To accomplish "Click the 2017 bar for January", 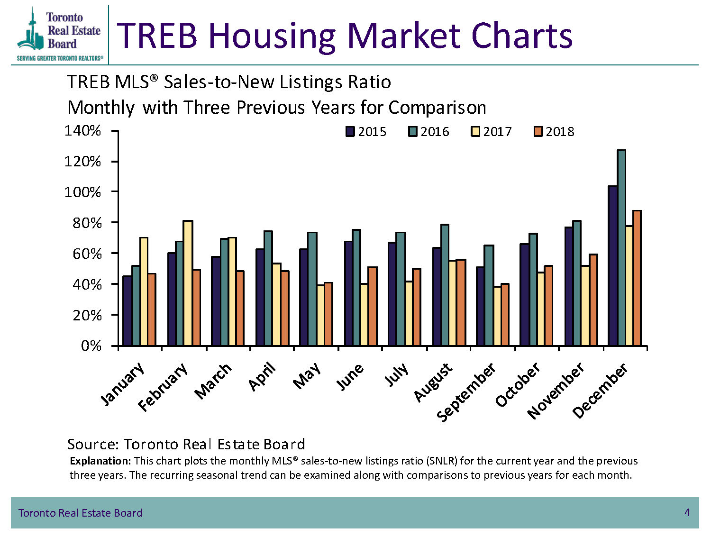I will [144, 291].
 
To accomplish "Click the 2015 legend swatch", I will [350, 132].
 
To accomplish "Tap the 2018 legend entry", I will [554, 132].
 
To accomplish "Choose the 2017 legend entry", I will [491, 132].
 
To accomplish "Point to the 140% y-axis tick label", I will [83, 131].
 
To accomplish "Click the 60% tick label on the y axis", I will [87, 254].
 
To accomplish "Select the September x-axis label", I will [466, 392].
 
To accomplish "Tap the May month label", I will [307, 376].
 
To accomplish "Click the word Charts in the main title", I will [522, 36].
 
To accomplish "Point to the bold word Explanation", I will [100, 461].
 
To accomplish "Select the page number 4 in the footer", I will [687, 512].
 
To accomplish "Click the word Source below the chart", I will [93, 445].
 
